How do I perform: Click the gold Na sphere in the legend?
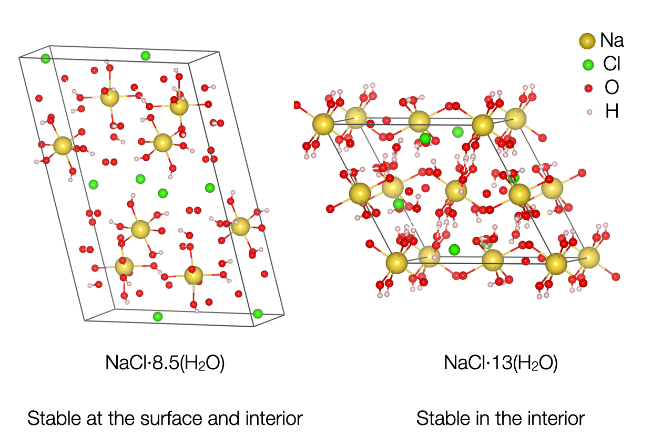[587, 41]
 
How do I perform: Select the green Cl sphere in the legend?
[588, 65]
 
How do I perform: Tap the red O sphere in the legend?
[588, 88]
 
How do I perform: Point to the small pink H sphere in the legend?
[589, 112]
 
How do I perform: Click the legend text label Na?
[612, 40]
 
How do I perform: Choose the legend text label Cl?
[612, 64]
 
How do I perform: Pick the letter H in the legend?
[612, 111]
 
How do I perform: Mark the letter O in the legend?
[612, 87]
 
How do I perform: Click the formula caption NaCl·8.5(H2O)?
[165, 363]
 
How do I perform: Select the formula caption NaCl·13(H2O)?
[501, 363]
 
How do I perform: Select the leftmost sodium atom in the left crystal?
[63, 145]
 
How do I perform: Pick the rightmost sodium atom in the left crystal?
[240, 226]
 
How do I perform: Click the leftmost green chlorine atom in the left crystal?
[45, 58]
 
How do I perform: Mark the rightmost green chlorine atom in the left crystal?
[258, 314]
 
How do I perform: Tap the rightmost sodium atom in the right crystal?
[589, 258]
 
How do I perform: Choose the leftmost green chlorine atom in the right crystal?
[399, 204]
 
